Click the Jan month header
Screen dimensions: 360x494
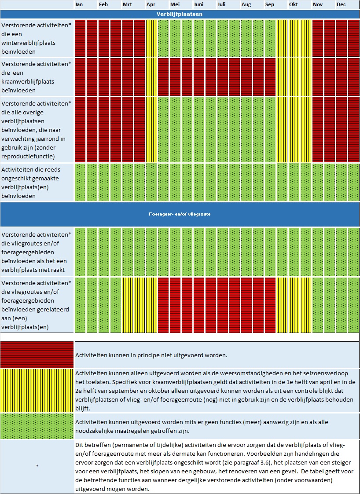tap(79, 5)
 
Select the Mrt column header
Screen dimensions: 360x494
tap(127, 5)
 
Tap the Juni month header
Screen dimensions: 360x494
tap(198, 5)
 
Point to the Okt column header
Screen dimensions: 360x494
tap(294, 5)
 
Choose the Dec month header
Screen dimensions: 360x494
tap(341, 5)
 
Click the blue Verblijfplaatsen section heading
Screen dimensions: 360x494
tap(180, 14)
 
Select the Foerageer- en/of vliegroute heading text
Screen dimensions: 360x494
tap(180, 214)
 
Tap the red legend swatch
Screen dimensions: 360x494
tap(37, 355)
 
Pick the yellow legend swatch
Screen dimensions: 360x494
tap(37, 391)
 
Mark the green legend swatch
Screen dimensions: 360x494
tap(37, 426)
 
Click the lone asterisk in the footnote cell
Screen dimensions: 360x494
tap(37, 466)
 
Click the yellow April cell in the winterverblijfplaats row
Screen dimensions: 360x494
tap(151, 38)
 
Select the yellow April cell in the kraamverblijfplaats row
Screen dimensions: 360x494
tap(151, 77)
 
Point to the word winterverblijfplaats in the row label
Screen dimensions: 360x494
tap(28, 43)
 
